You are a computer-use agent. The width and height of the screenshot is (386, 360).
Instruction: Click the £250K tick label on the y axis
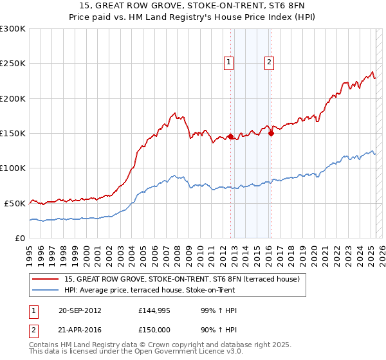point(13,64)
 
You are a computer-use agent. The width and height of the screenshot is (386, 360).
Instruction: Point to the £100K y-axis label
point(13,168)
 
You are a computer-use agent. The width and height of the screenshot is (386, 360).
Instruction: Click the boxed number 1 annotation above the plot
point(228,62)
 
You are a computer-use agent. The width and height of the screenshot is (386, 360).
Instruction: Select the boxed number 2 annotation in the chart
point(269,62)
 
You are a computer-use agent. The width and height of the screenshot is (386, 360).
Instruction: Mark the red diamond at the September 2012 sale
point(230,136)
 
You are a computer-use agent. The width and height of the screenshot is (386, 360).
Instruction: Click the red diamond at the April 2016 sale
point(271,133)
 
